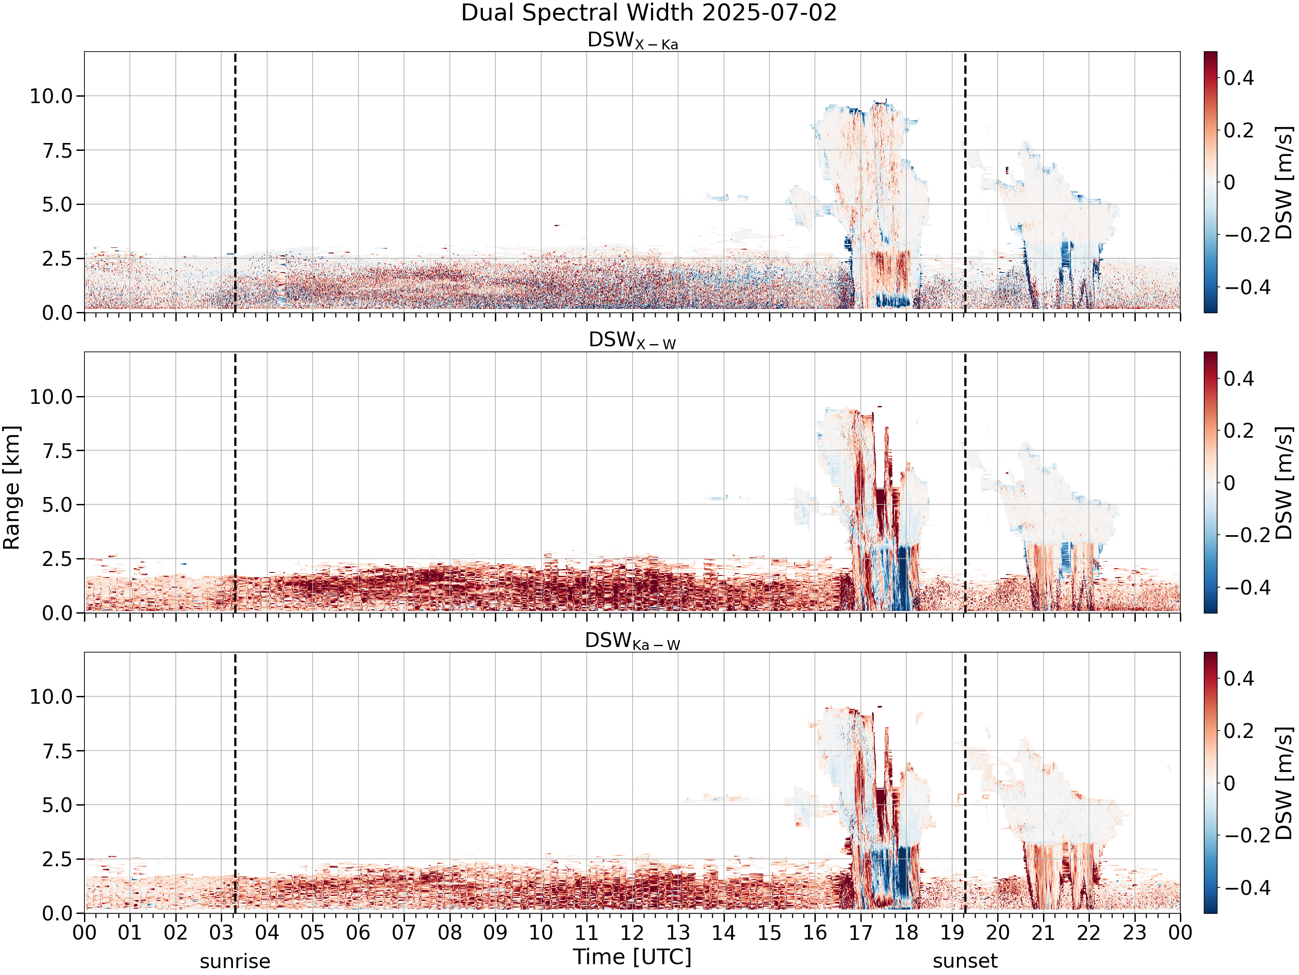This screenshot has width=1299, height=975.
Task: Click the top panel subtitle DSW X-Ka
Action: pos(633,41)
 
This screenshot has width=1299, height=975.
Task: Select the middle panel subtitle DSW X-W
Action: pos(633,341)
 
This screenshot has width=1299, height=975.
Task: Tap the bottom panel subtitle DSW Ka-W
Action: pos(633,641)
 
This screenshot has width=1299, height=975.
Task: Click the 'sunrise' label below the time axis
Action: pos(235,962)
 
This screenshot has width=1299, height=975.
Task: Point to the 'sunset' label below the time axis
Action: pos(965,962)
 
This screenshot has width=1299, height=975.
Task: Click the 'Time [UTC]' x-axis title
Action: pos(633,957)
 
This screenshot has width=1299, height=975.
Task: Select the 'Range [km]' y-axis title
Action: pos(12,488)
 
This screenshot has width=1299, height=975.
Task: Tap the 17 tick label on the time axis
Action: pos(860,933)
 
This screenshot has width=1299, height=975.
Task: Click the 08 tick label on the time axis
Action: pos(450,933)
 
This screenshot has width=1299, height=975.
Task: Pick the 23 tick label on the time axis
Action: pos(1134,933)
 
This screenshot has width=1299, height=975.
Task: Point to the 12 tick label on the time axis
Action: pos(633,933)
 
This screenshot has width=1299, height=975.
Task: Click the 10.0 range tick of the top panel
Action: pos(51,96)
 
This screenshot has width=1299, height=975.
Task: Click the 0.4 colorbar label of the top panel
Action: pos(1238,78)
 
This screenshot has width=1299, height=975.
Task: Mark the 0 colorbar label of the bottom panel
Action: pos(1229,783)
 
